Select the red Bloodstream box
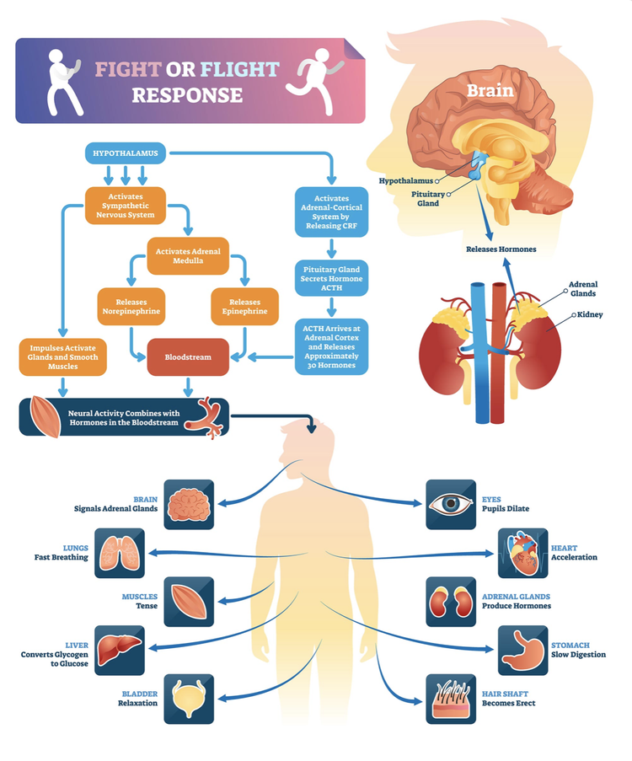[188, 356]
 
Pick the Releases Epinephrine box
[244, 307]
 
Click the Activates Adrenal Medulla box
[188, 255]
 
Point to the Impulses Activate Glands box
[62, 356]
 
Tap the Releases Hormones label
[501, 249]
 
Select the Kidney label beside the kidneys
[590, 314]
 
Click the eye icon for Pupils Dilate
[450, 504]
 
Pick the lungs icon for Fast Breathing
[119, 553]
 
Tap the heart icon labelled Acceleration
[523, 553]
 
